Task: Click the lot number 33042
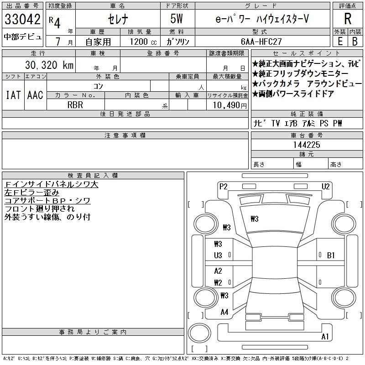tap(22, 19)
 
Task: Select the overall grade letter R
tap(348, 19)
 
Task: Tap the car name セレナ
tap(118, 19)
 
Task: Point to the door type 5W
tap(177, 19)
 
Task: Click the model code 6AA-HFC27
tap(261, 42)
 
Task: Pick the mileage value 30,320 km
tap(49, 65)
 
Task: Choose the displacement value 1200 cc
tap(143, 42)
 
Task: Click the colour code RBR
tap(75, 105)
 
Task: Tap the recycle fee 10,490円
tap(229, 105)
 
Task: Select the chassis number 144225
tap(307, 145)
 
